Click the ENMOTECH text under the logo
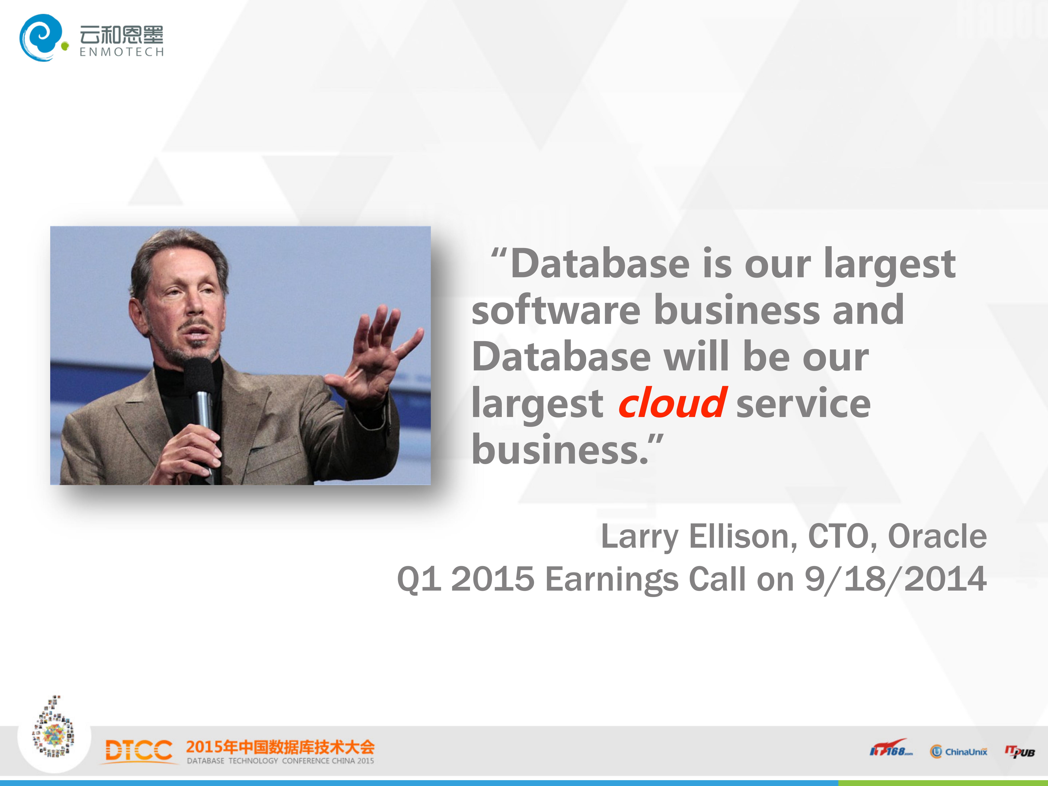coord(122,52)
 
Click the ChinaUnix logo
coord(958,751)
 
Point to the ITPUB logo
coord(1020,751)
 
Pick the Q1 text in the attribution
coord(419,579)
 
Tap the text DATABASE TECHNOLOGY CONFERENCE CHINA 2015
coord(281,761)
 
